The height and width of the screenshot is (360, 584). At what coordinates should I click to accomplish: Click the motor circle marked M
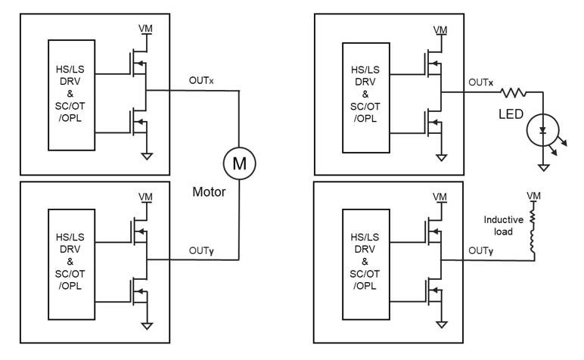coord(240,163)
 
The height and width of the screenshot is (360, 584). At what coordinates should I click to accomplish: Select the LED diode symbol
coord(541,131)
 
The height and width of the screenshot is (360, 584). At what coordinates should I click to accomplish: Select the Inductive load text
coord(499,227)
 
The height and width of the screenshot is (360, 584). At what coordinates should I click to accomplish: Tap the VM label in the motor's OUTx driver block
coord(144,29)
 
